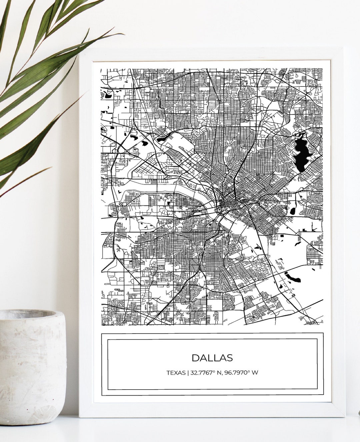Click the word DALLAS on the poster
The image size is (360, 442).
(x=212, y=358)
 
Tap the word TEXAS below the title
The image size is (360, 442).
(x=176, y=373)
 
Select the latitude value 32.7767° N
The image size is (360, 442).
(x=203, y=373)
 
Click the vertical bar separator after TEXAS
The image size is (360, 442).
(x=188, y=373)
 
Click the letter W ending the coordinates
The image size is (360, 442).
(x=255, y=373)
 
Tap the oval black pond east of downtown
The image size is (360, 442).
(x=293, y=211)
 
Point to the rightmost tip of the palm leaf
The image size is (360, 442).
(x=124, y=34)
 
